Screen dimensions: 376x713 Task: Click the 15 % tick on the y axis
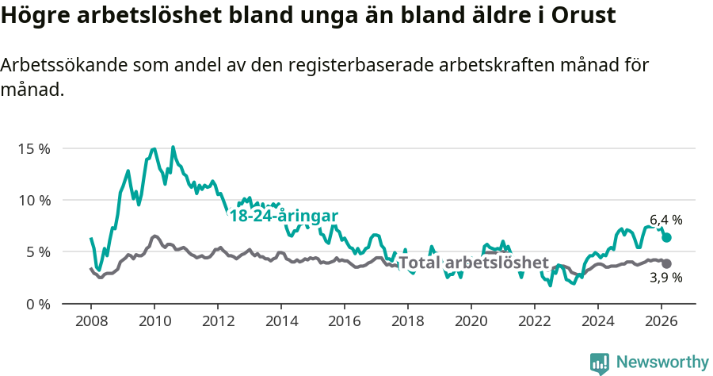pos(34,148)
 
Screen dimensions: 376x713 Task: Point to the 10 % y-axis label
pos(34,200)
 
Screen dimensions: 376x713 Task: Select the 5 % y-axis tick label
pos(37,252)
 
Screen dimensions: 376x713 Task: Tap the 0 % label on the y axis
pos(37,304)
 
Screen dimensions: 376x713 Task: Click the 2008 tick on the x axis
pos(91,321)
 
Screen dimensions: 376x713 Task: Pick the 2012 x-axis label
pos(218,321)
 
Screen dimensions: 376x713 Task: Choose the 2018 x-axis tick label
pos(408,321)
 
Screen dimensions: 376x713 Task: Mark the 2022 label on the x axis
pos(535,321)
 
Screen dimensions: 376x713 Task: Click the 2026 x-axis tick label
pos(662,321)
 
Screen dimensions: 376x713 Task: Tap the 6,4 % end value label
pos(665,220)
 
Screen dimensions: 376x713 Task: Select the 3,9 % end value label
pos(665,278)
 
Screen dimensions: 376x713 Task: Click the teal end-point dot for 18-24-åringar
pos(666,237)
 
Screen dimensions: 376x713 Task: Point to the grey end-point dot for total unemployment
pos(666,263)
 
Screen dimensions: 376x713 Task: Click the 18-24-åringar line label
pos(284,217)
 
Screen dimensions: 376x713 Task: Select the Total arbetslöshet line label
pos(473,263)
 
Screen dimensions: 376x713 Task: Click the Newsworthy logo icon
pos(600,363)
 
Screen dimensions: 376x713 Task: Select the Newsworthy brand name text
pos(662,363)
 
